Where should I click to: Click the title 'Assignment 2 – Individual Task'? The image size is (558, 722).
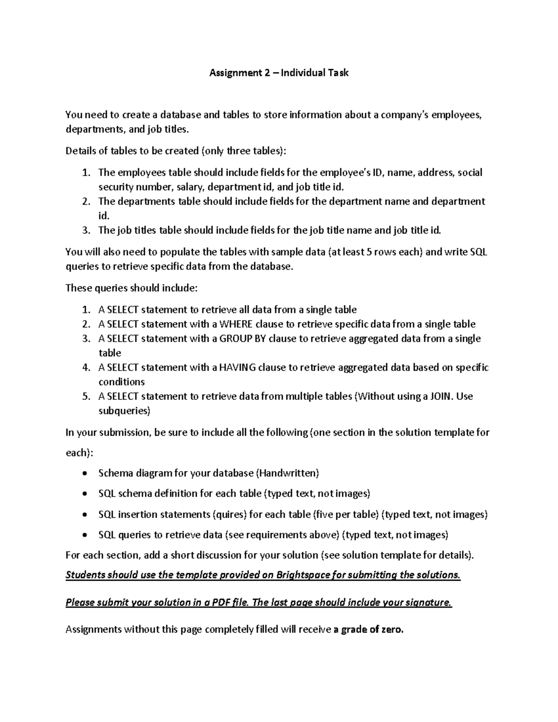pos(279,73)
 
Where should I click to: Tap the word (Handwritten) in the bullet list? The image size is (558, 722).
pos(287,473)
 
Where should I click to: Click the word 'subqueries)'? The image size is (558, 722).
pos(124,411)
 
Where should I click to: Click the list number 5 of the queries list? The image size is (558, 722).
pos(86,397)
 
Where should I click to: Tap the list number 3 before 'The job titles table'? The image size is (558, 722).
pos(85,230)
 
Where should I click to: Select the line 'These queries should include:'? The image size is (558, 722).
pos(132,288)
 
